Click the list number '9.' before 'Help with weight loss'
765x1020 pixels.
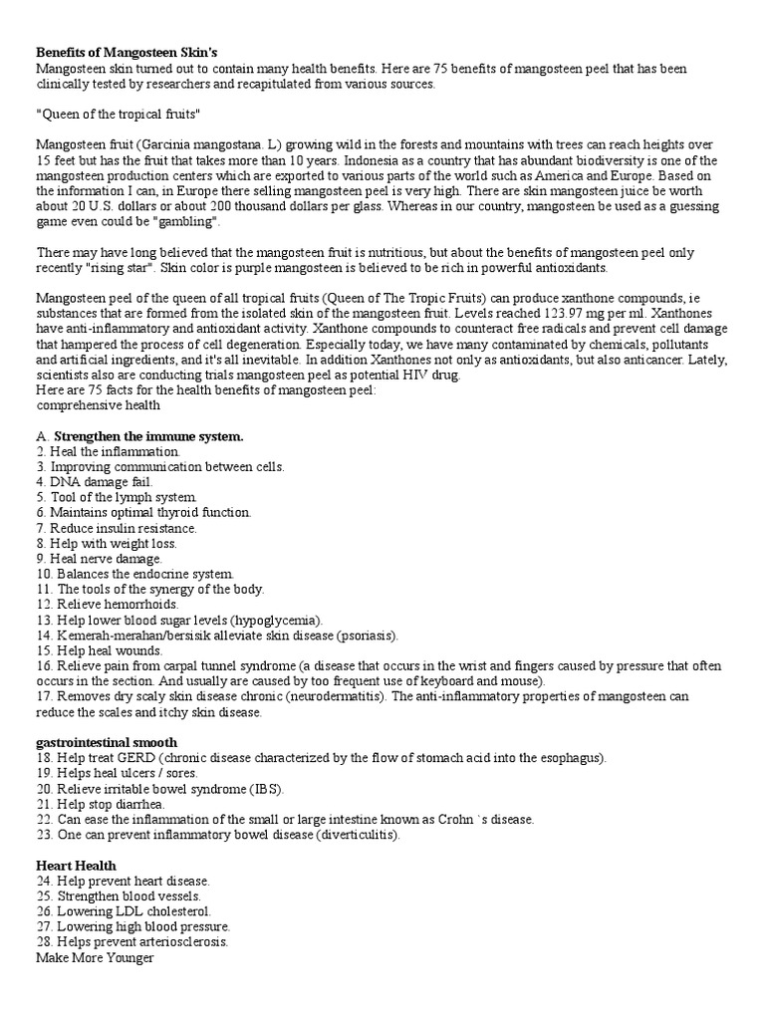(42, 544)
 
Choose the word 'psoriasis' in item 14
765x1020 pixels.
(366, 635)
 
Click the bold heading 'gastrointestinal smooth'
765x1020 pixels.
(107, 742)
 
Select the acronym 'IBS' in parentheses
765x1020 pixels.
(266, 788)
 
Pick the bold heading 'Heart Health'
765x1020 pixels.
(76, 866)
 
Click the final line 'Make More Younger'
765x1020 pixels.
(95, 957)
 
